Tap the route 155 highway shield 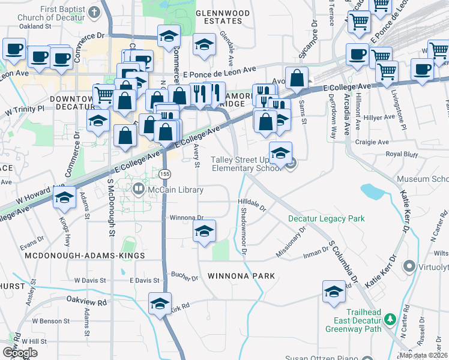pyautogui.click(x=164, y=173)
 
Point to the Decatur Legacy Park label pyautogui.click(x=326, y=219)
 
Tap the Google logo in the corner pyautogui.click(x=20, y=352)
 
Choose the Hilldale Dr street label pyautogui.click(x=252, y=205)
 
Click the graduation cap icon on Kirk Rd pyautogui.click(x=160, y=304)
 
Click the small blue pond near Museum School pyautogui.click(x=372, y=192)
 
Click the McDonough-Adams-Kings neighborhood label pyautogui.click(x=85, y=256)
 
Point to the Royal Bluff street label pyautogui.click(x=402, y=154)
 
